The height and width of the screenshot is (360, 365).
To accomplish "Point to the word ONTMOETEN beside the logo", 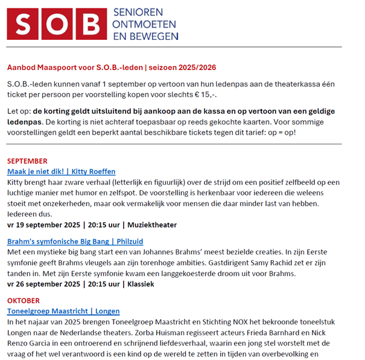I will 145,24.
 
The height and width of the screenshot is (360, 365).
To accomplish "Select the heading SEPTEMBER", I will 27,161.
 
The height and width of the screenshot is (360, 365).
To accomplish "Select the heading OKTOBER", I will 24,300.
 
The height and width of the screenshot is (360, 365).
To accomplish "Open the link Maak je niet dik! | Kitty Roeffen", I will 61,172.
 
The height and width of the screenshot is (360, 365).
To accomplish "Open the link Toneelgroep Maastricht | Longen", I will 63,311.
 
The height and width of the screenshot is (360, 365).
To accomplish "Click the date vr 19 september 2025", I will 43,225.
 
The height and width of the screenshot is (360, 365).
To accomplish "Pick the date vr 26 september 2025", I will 43,284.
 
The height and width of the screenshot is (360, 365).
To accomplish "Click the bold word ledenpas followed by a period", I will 24,123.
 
